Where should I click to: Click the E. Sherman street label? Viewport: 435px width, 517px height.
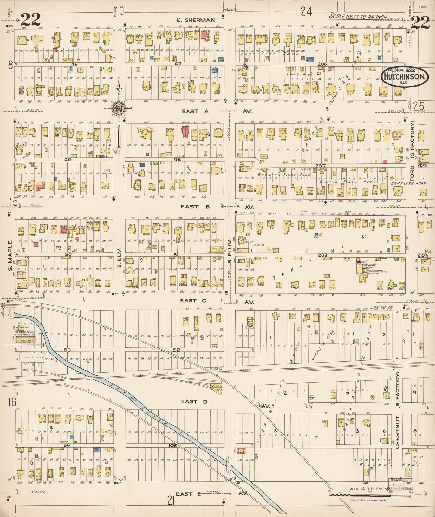(195, 20)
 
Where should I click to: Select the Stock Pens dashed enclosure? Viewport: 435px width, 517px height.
(32, 358)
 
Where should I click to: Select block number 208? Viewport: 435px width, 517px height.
(322, 255)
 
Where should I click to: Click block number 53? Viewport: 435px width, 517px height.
(67, 350)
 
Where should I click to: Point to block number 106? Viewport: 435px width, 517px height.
(172, 445)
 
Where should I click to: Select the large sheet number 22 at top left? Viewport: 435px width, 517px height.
(31, 20)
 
